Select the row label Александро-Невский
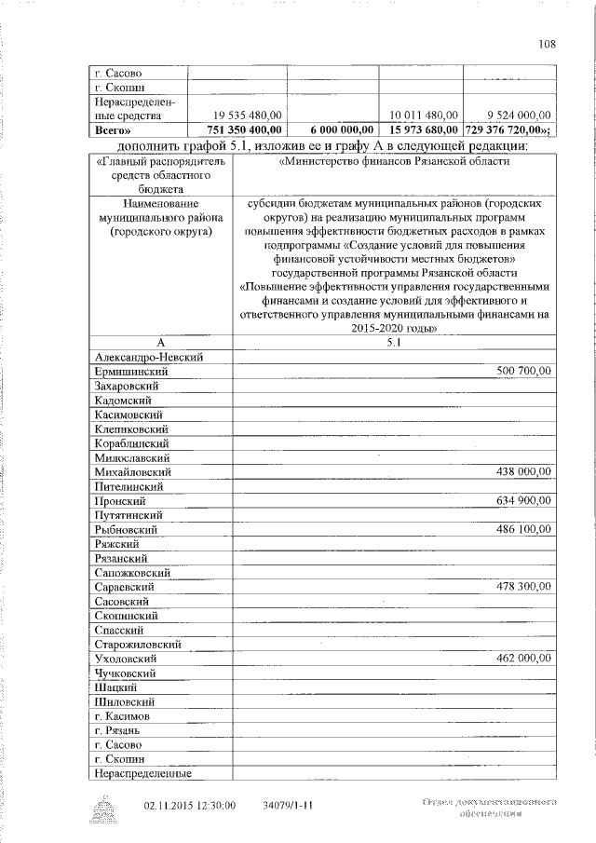pos(149,357)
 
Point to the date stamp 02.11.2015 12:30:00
pos(190,806)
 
